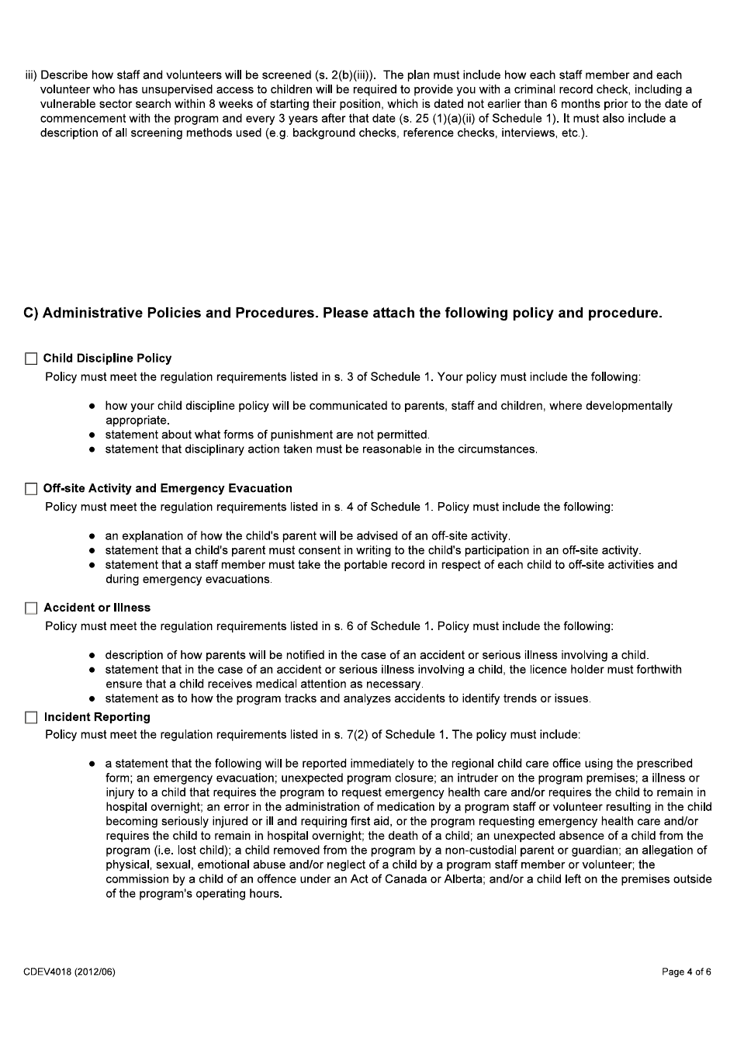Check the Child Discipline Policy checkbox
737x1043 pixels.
(31, 359)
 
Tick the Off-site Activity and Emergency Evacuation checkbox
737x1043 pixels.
(31, 489)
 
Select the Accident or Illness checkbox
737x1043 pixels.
(31, 608)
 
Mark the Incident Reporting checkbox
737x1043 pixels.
(31, 718)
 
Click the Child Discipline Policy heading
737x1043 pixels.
(107, 359)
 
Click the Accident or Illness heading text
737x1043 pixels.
(97, 608)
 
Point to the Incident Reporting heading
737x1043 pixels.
(97, 718)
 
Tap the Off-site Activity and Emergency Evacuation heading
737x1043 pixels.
(168, 489)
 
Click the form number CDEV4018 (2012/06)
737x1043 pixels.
(69, 972)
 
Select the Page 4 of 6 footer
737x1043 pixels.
(686, 972)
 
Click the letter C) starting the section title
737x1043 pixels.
(31, 314)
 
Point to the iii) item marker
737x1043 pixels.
(31, 75)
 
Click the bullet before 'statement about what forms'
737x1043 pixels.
(92, 435)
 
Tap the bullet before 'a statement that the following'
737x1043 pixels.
(92, 764)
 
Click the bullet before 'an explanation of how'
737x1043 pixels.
(92, 536)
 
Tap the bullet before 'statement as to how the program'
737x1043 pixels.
(92, 699)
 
